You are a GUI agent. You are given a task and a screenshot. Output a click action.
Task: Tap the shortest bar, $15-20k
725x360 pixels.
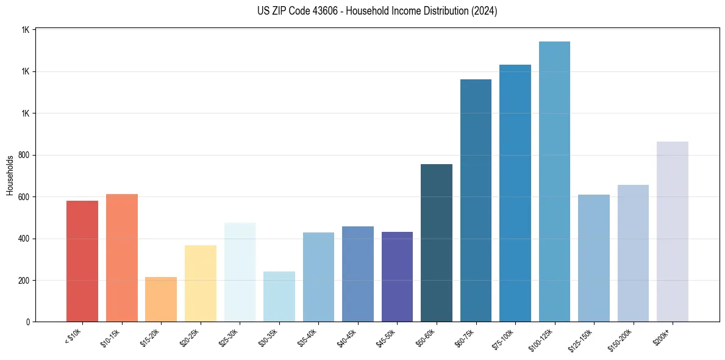click(x=161, y=299)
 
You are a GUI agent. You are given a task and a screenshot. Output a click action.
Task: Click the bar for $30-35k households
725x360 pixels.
click(x=279, y=297)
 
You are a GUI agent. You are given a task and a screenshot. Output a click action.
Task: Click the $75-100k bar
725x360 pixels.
click(x=515, y=193)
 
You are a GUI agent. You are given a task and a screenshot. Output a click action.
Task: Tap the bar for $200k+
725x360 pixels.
click(x=673, y=231)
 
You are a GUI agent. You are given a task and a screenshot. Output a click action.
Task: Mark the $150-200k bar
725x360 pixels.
click(x=633, y=253)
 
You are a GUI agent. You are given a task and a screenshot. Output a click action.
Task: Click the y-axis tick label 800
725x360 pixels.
click(x=25, y=155)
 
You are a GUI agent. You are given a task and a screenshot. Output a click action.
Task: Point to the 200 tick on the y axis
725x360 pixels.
click(x=25, y=281)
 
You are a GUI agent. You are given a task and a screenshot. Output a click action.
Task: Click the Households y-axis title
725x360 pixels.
click(x=10, y=176)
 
